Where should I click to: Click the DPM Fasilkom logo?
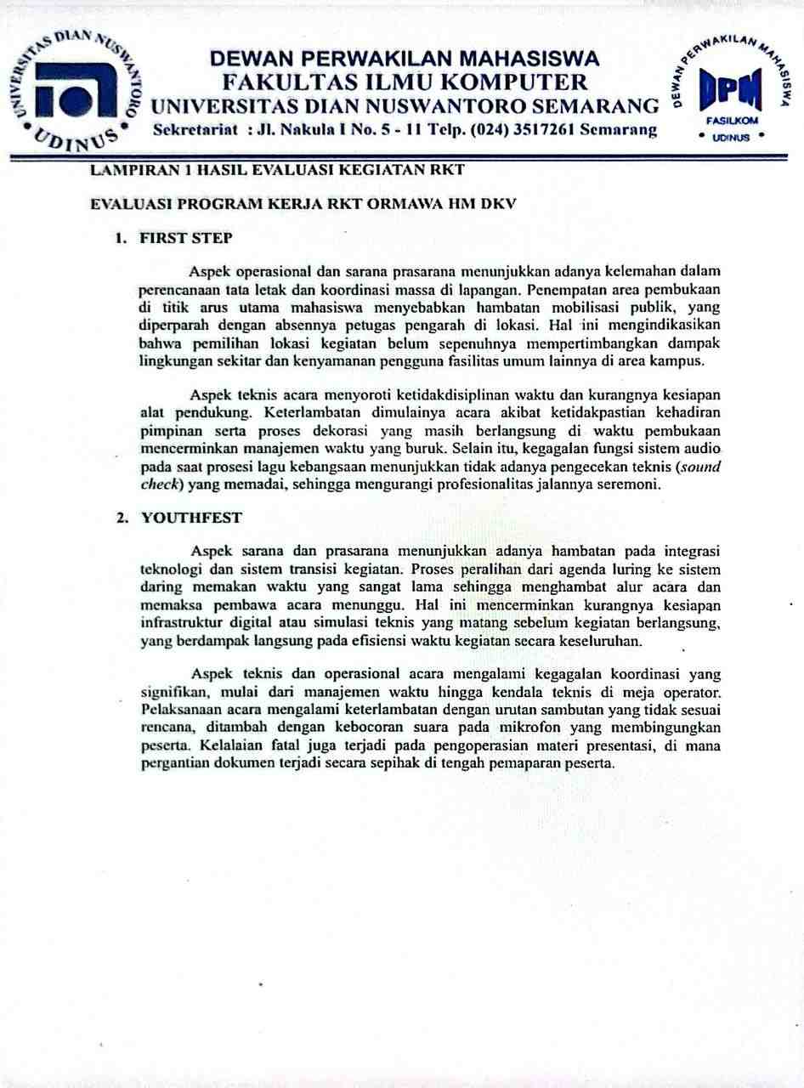point(732,93)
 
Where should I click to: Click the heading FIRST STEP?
point(186,238)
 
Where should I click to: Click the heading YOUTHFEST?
point(191,517)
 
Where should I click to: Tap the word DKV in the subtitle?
point(497,205)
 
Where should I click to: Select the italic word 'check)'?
point(161,484)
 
